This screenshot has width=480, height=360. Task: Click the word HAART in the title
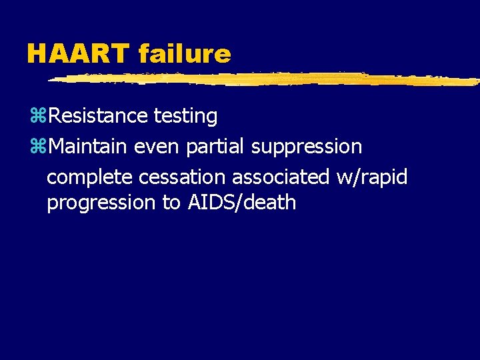point(78,53)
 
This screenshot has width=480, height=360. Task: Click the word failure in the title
point(185,53)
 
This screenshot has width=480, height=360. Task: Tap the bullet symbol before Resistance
point(38,117)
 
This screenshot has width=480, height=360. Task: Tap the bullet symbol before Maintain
point(38,147)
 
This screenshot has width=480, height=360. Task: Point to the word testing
point(185,117)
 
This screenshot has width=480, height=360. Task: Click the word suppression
point(307,147)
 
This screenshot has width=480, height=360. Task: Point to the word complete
point(89,177)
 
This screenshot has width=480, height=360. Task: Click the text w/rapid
point(371,177)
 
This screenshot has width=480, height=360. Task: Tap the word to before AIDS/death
point(171,203)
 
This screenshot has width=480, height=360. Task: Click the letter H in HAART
point(36,53)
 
